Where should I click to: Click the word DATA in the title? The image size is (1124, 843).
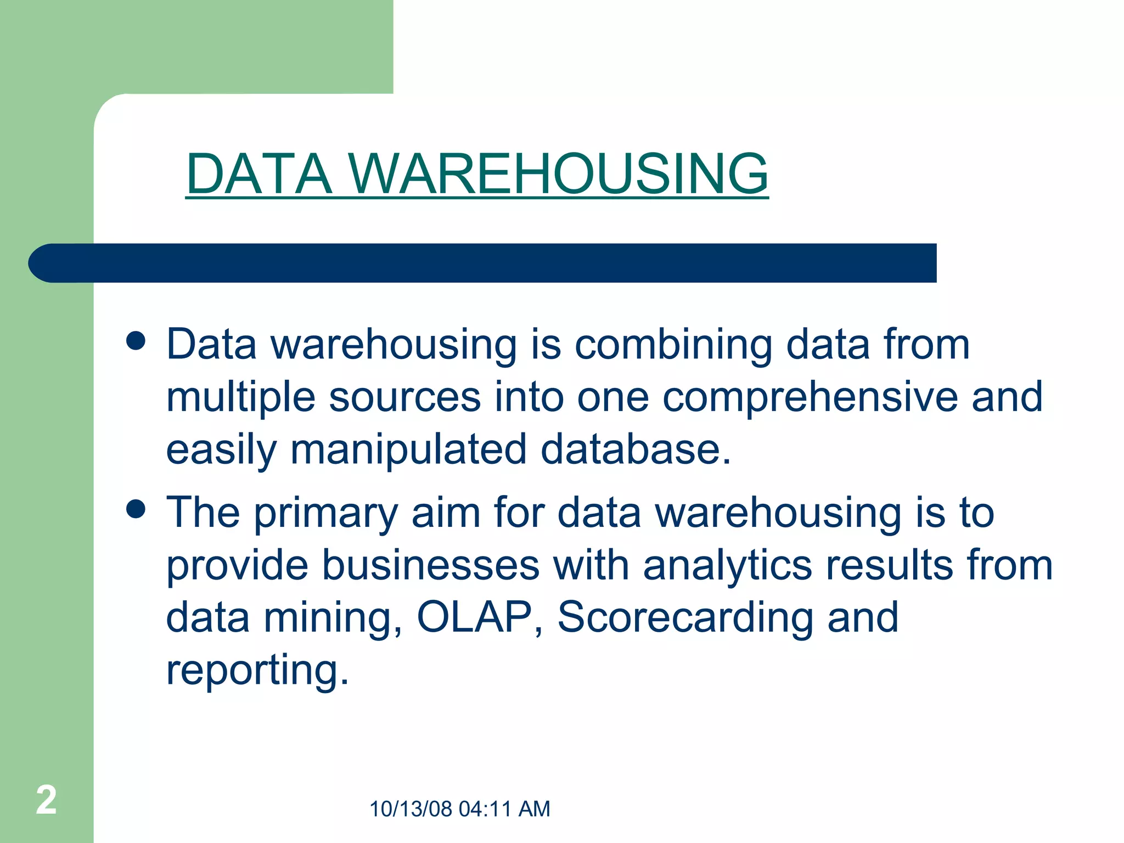259,174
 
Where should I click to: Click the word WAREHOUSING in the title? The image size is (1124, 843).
558,174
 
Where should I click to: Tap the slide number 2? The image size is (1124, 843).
46,800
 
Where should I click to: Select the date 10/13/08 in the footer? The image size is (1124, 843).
411,809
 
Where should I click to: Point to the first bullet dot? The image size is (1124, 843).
136,341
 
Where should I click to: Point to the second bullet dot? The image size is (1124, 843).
136,509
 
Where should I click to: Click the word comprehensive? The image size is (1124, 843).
810,397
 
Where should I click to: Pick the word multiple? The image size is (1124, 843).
240,397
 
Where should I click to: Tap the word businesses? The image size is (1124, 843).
430,565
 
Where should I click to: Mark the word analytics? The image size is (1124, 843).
727,566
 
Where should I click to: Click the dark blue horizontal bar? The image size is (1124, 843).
483,263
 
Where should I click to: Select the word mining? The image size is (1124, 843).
333,618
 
